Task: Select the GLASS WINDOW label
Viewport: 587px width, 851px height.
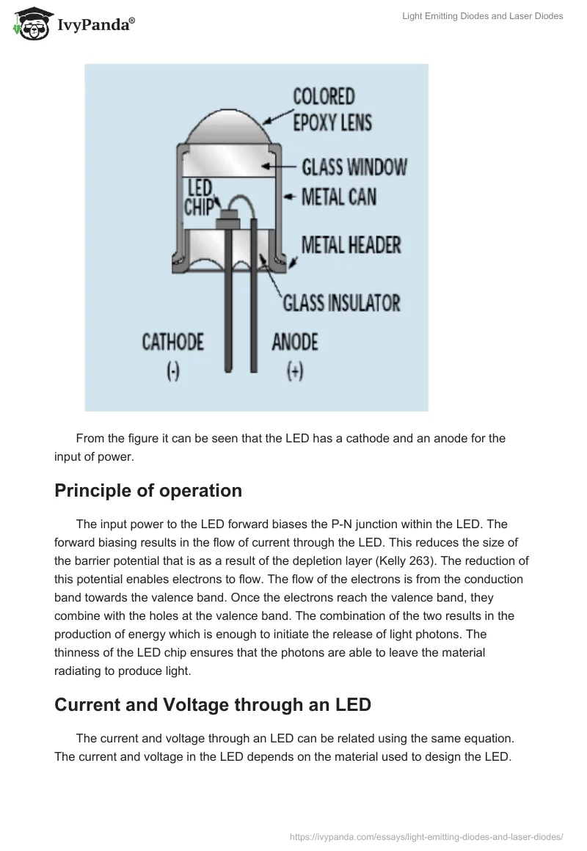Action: pos(354,167)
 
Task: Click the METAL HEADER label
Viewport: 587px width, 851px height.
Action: pos(351,244)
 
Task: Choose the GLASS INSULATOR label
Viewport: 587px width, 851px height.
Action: pos(341,302)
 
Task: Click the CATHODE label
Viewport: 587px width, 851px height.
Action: pos(172,342)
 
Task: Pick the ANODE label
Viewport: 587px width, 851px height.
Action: pos(295,342)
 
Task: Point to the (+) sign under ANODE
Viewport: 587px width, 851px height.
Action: pos(295,372)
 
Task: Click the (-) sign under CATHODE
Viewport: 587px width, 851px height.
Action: pos(172,372)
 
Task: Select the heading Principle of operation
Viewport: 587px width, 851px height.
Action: pos(148,490)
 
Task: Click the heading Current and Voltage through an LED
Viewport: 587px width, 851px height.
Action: pos(213,705)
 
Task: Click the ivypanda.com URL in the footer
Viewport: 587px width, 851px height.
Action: pos(426,836)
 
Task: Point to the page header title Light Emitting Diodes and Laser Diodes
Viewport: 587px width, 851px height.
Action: pos(483,16)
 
